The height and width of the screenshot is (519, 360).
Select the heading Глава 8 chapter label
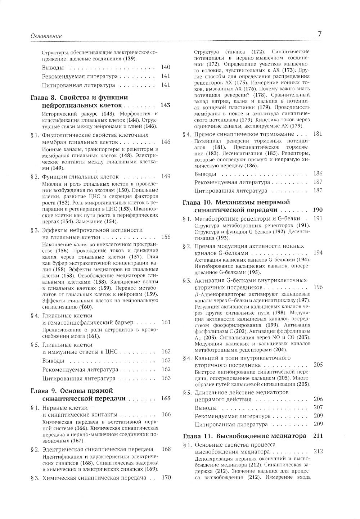44,98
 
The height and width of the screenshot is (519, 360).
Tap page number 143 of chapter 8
166,105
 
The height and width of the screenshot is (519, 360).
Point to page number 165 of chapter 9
166,399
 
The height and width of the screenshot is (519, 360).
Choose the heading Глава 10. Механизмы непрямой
237,202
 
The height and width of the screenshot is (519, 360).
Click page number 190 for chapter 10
318,210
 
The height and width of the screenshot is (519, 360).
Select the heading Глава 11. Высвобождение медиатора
245,436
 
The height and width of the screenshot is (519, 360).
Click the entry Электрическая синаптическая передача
98,449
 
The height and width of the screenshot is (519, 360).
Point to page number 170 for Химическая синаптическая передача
166,478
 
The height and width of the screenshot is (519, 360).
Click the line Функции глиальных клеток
80,177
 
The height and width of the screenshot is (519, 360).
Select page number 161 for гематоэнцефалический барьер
166,322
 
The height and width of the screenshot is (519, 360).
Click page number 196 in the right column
318,287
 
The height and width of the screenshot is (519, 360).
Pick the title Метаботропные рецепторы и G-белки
247,218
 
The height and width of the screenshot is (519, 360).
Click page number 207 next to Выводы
318,407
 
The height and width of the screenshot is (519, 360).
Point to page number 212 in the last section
318,451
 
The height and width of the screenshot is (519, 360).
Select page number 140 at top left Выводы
166,67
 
